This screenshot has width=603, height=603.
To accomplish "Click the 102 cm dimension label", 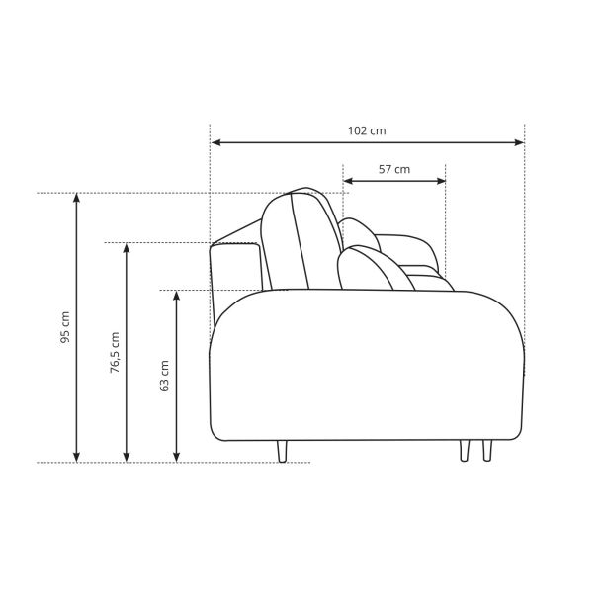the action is pos(367,130).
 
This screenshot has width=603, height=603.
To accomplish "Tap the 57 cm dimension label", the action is pos(394,169).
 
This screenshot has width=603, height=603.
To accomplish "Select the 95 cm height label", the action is pos(65,327).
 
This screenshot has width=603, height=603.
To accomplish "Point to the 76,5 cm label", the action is pos(115,353).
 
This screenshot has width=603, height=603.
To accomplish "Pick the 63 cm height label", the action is pos(164,376).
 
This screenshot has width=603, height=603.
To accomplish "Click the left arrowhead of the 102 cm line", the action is pos(216,142).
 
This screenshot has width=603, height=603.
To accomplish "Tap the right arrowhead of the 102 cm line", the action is pos(519,142).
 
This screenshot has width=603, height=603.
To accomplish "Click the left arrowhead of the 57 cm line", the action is pos(348,181).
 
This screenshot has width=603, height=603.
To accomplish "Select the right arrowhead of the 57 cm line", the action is pos(441,181).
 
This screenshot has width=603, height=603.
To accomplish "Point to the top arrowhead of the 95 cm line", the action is pos(76,198).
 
